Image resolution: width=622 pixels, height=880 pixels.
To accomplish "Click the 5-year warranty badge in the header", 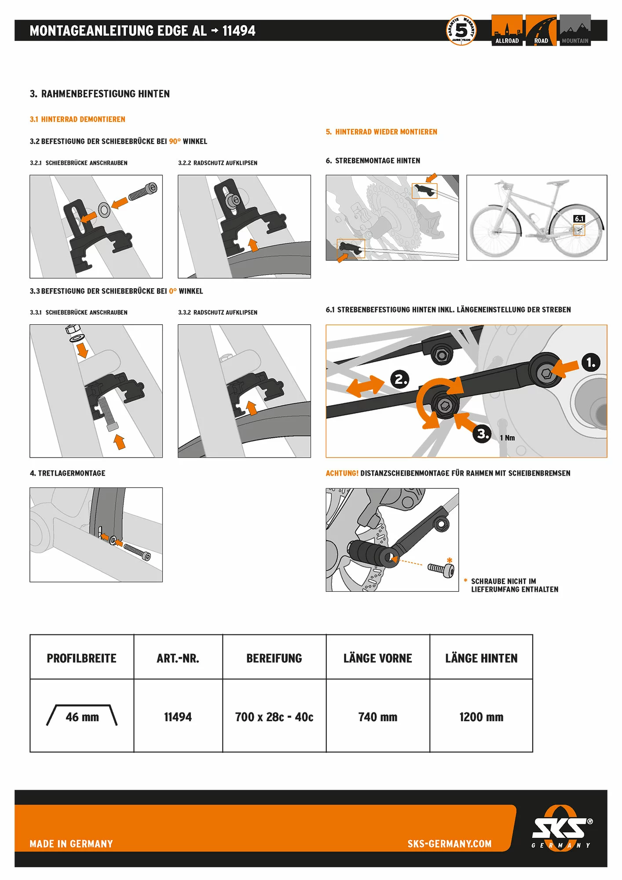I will [x=461, y=30].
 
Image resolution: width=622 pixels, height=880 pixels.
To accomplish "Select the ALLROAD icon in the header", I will [x=507, y=30].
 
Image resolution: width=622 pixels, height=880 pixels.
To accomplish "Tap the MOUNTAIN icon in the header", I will [x=575, y=30].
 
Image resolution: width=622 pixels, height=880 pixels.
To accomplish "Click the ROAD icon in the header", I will [x=541, y=30].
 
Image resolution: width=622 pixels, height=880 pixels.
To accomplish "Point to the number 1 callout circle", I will [x=591, y=363].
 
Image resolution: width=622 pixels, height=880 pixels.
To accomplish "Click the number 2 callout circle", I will [x=400, y=379].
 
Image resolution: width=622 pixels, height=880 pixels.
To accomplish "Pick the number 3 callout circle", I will [x=482, y=434].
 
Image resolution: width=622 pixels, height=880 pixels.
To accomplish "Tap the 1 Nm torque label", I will [x=507, y=438].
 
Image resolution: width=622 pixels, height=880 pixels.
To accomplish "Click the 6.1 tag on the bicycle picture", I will [x=579, y=219].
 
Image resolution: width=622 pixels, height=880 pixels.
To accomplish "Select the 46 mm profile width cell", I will [x=82, y=717].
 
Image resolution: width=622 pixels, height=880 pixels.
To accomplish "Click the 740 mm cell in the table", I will [x=377, y=717].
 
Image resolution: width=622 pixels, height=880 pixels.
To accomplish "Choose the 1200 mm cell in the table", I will [x=481, y=717].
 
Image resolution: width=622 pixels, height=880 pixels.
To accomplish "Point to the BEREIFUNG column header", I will [x=274, y=658].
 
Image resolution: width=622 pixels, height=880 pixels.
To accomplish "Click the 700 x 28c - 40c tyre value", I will [x=274, y=717].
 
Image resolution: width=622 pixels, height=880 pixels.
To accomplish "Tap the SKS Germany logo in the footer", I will [x=561, y=829].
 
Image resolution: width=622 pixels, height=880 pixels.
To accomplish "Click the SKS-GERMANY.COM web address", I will [x=449, y=843].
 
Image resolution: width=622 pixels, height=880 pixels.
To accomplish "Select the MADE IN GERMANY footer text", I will [x=71, y=843].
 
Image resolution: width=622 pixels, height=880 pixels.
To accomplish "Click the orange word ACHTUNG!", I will [x=342, y=473].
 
